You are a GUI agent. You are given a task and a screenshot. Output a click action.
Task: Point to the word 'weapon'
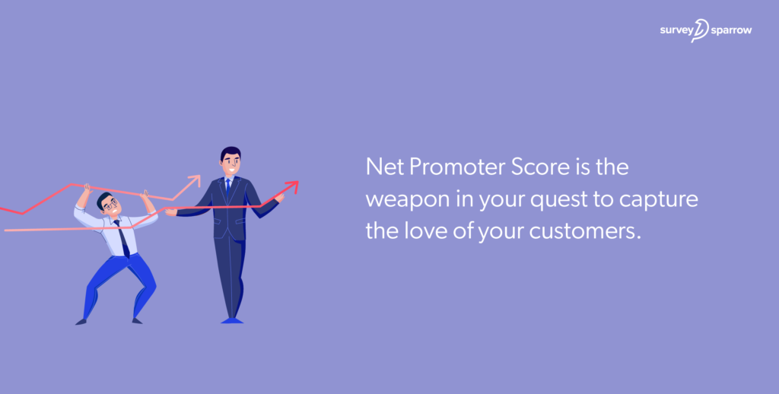tap(401, 200)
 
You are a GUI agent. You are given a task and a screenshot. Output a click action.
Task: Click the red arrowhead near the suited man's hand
tap(292, 186)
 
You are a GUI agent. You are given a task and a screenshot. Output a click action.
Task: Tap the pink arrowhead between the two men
tap(194, 180)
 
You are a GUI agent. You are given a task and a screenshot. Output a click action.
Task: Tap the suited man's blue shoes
tap(233, 319)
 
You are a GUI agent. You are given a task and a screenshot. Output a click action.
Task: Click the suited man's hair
tap(230, 153)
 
